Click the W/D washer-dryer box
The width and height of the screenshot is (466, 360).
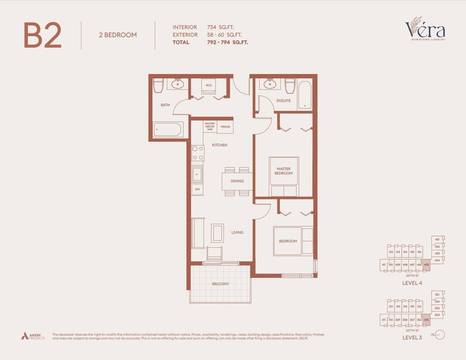[208, 86]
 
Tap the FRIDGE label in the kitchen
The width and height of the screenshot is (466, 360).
[225, 126]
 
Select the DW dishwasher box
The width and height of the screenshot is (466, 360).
[197, 189]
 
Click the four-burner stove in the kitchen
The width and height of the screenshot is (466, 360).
[197, 153]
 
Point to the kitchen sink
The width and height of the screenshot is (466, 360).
[197, 174]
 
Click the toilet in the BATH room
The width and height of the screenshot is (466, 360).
[158, 86]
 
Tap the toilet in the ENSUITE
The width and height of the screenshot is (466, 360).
[290, 85]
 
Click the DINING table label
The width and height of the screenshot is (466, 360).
[236, 181]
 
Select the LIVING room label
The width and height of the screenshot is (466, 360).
[236, 232]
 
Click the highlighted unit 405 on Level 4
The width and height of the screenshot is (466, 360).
[427, 265]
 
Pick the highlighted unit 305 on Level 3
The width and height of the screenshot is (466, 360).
[427, 320]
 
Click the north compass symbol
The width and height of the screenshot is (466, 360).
[440, 335]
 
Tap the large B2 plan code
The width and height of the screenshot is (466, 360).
[43, 36]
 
